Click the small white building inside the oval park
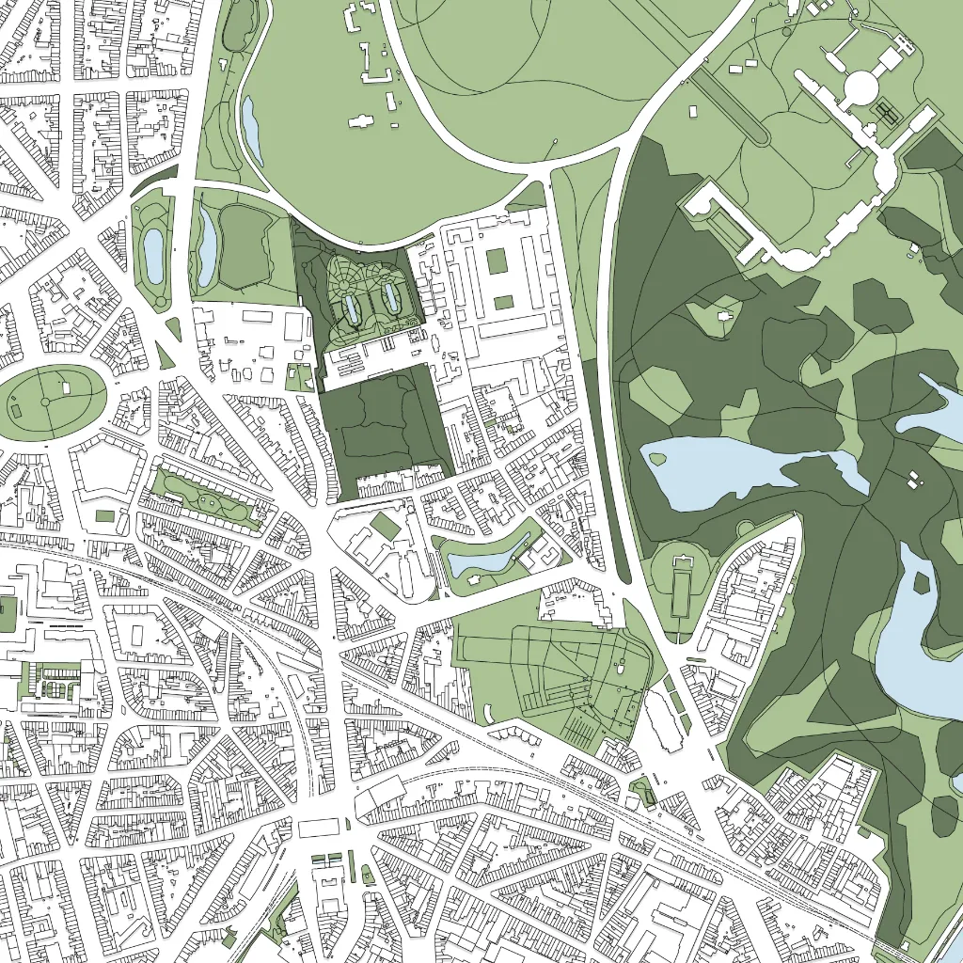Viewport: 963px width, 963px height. [67, 387]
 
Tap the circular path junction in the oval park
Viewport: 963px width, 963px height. [45, 403]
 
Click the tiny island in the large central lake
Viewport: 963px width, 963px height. [657, 459]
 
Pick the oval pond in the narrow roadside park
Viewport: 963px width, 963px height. [153, 249]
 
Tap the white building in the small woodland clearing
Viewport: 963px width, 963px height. [724, 315]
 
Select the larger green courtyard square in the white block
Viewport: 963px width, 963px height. [497, 260]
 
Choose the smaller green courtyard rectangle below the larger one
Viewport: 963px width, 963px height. [504, 302]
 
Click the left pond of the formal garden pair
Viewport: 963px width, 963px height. [352, 308]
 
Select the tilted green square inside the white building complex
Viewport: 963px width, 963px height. [384, 527]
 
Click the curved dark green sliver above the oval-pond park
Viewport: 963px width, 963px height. [154, 181]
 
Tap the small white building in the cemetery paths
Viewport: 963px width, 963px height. [621, 670]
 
